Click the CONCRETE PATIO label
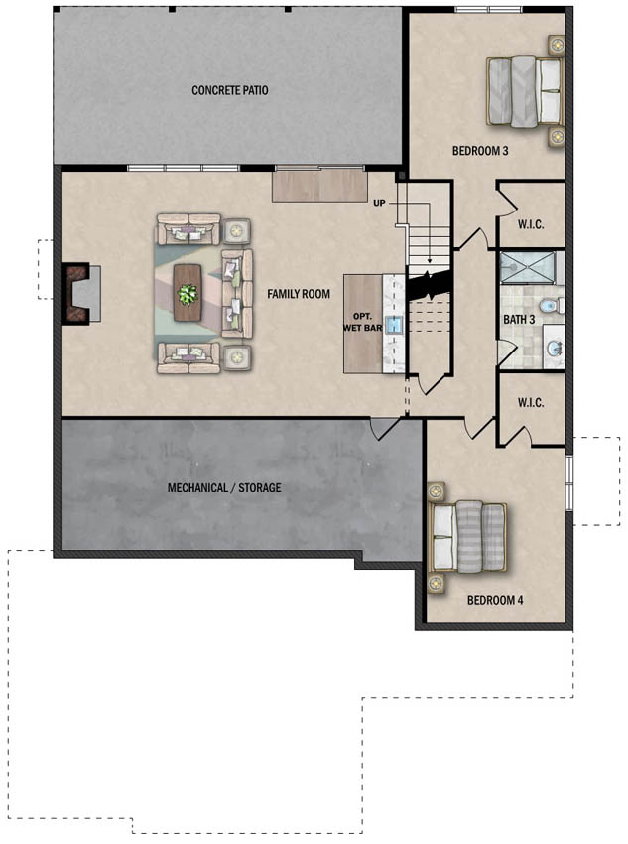pos(230,90)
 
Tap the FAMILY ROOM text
pos(298,294)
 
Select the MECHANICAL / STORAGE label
pos(224,488)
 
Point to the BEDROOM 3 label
pos(480,151)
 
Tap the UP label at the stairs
pos(379,203)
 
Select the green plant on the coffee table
pos(187,293)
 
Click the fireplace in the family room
pos(79,293)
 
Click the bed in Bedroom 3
pos(524,91)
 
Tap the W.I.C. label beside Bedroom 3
pos(530,224)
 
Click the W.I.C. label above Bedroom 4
pos(530,403)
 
